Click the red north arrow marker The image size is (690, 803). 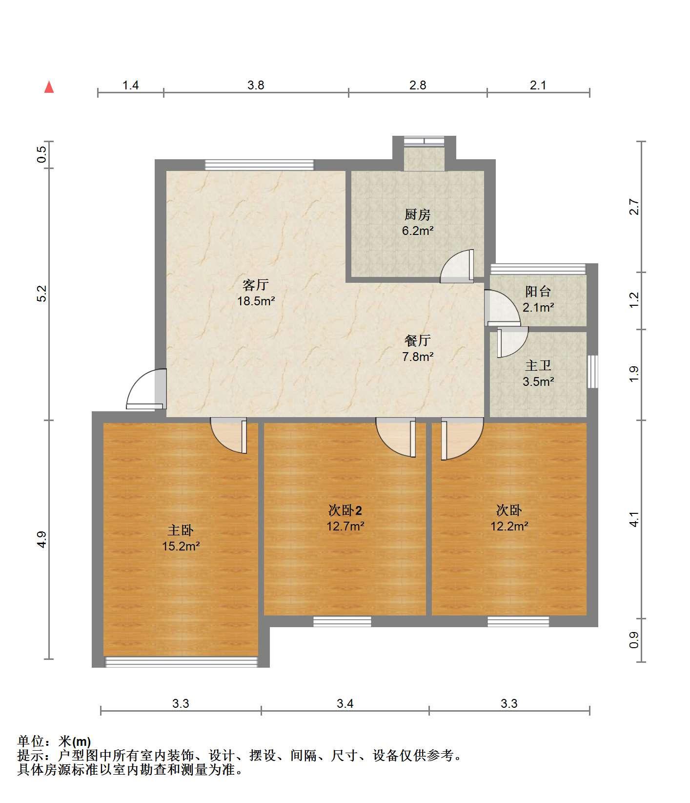click(x=49, y=87)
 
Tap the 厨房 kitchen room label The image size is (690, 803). click(x=417, y=214)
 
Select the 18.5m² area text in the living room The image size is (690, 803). click(x=256, y=301)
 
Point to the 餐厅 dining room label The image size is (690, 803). click(x=417, y=340)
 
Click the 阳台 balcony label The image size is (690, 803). click(x=538, y=292)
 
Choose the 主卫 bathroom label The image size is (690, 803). click(x=538, y=365)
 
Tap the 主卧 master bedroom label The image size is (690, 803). click(x=181, y=530)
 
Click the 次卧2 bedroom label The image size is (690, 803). click(x=345, y=510)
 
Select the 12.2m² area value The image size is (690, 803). click(x=509, y=526)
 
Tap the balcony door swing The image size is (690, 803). click(x=502, y=308)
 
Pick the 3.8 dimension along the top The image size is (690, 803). click(x=256, y=85)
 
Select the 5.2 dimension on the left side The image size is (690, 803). click(x=42, y=294)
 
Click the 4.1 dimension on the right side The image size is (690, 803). click(x=634, y=519)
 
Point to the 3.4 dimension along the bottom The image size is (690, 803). click(x=345, y=703)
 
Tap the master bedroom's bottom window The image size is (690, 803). click(x=182, y=662)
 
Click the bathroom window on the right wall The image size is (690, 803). click(x=592, y=372)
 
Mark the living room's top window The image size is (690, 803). click(x=259, y=165)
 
